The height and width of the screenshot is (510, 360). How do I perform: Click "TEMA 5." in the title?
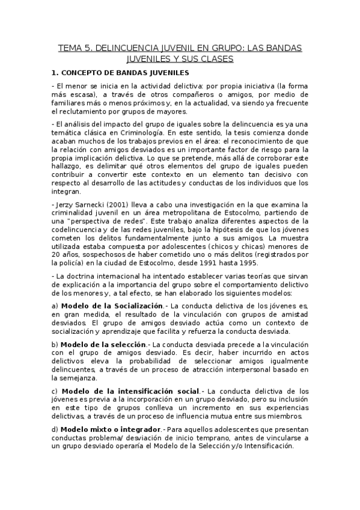[x=74, y=48]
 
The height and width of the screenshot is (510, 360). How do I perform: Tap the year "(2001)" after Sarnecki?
[x=114, y=204]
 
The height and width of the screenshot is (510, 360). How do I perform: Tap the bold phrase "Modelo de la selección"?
[x=105, y=343]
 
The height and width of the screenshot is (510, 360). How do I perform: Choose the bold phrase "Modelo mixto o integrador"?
[x=111, y=429]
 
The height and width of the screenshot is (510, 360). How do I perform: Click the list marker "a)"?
[x=55, y=306]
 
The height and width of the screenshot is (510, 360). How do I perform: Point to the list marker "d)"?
[x=55, y=429]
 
